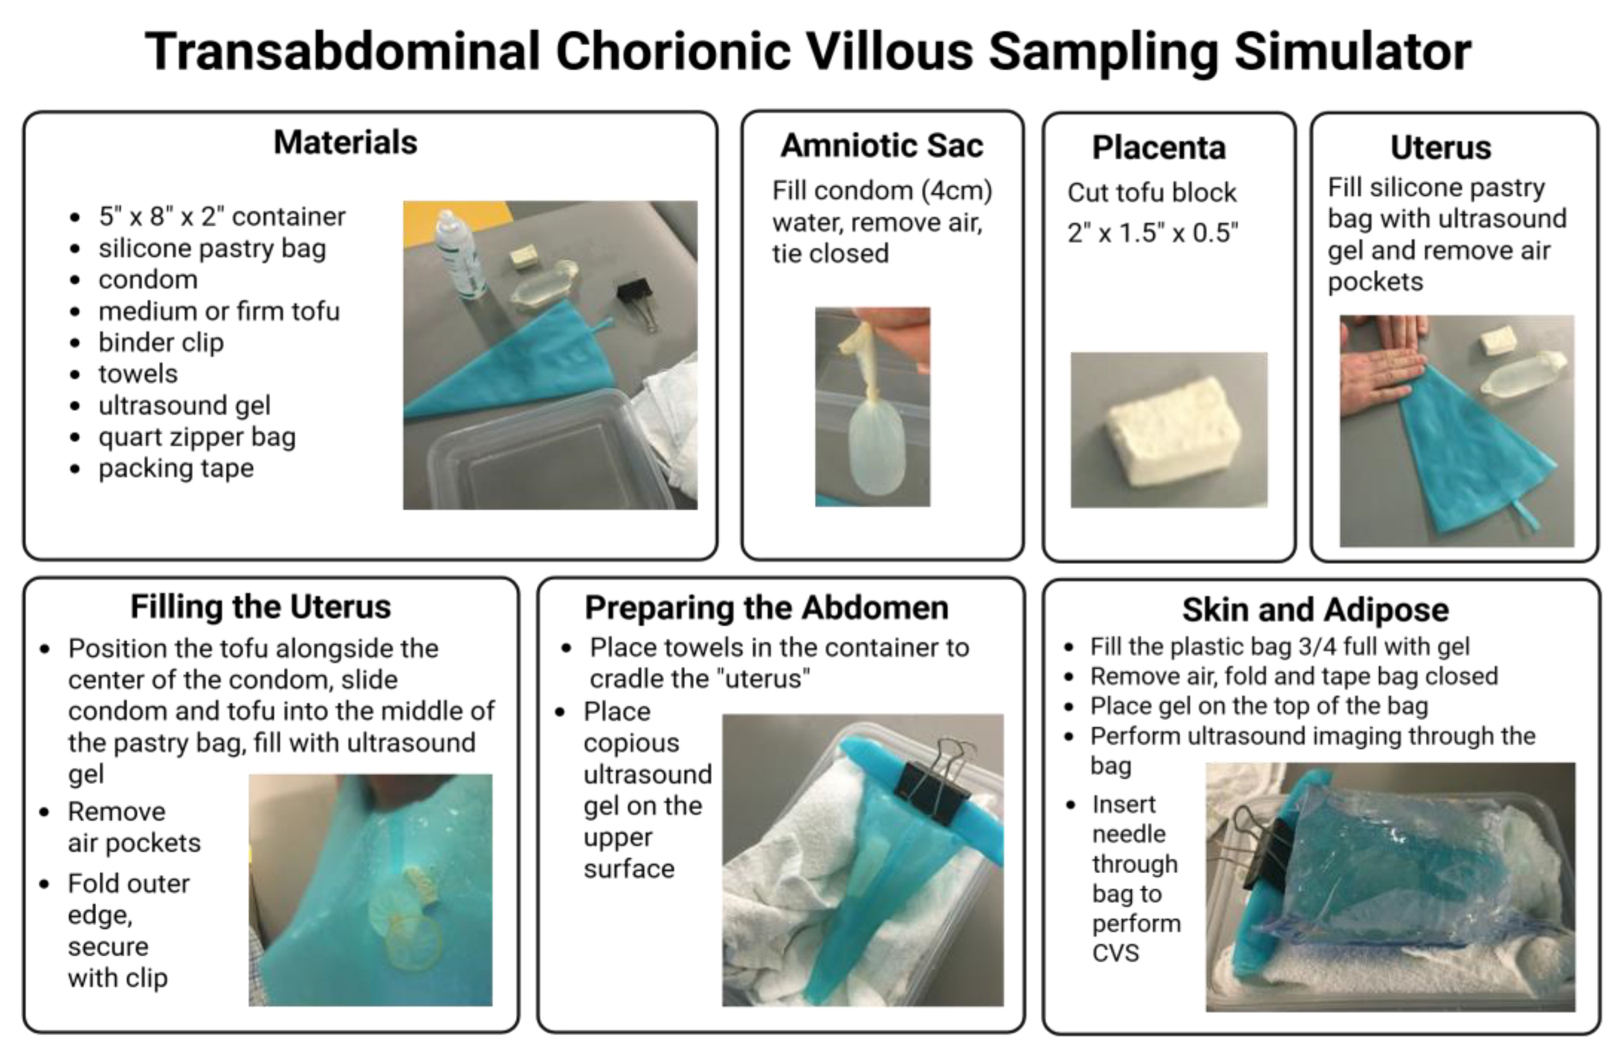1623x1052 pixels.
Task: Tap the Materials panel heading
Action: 345,143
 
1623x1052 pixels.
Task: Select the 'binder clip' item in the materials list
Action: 161,342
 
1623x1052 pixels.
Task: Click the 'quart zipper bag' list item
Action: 197,437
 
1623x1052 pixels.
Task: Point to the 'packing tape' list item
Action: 176,469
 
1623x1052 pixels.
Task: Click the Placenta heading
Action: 1158,147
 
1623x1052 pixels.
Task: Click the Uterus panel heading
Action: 1441,147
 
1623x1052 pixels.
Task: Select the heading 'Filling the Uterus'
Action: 261,607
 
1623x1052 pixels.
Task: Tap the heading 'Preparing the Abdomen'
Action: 767,607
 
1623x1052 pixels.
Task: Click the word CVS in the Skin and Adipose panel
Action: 1116,952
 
